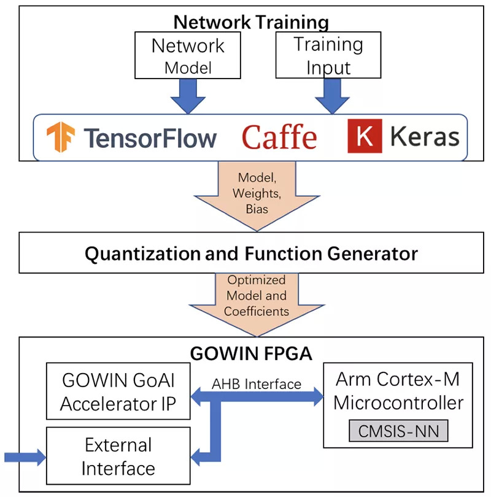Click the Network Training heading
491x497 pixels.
tap(251, 23)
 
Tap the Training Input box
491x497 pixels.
tap(328, 56)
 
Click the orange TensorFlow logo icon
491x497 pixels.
tap(61, 136)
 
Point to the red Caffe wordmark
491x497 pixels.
tap(279, 137)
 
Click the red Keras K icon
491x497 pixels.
tap(365, 136)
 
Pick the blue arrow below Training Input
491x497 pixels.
tap(332, 95)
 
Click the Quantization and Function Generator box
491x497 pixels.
tap(251, 253)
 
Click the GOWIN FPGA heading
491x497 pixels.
tap(252, 354)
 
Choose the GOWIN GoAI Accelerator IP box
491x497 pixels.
tap(118, 391)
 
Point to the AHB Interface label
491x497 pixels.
tap(257, 384)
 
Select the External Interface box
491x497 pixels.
tap(118, 457)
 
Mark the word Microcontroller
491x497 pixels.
tap(398, 403)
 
